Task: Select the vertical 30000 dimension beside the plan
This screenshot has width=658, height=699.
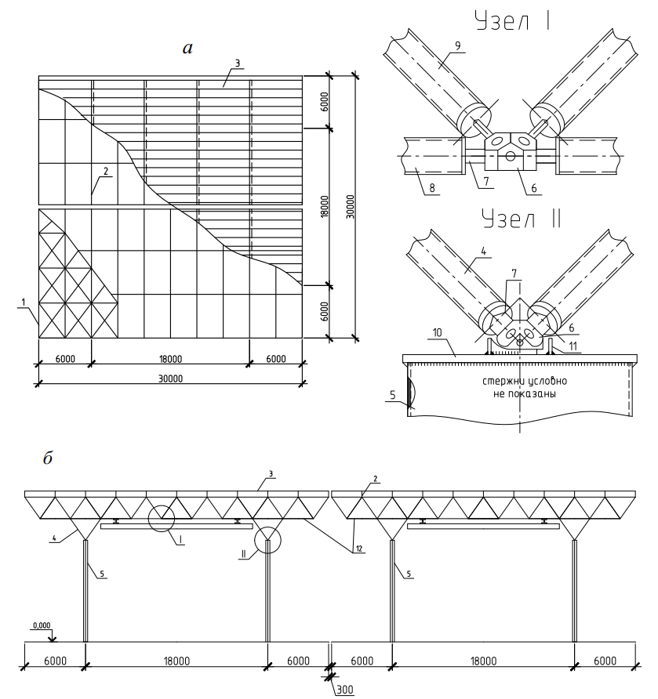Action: pyautogui.click(x=347, y=206)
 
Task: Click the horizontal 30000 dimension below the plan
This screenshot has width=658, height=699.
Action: pyautogui.click(x=170, y=378)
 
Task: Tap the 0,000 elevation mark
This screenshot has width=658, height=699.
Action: pyautogui.click(x=41, y=625)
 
